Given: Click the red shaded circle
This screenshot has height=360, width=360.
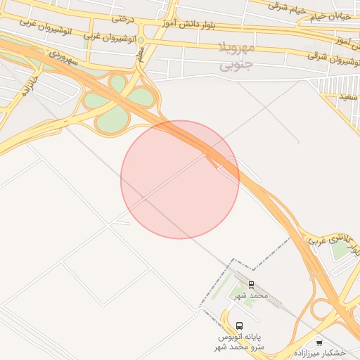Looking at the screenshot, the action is pos(179,179).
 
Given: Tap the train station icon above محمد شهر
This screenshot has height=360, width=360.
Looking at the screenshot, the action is pos(251,284).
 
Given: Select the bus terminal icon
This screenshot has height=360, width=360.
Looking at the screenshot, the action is pos(240,326).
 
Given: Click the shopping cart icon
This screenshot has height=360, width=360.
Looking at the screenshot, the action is pos(320,343).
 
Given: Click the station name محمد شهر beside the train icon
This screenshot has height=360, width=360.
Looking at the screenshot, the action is pos(251,295).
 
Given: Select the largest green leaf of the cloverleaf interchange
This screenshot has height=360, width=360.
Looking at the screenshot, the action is pos(110,121).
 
